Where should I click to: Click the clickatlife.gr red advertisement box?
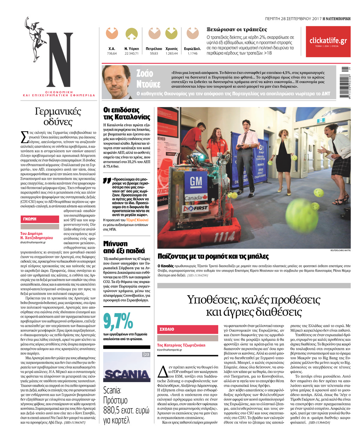[328, 42]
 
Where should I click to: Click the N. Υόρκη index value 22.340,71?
[131, 54]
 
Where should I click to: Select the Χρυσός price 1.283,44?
[171, 54]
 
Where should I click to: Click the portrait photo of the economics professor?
[116, 82]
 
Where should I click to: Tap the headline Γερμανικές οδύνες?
[58, 117]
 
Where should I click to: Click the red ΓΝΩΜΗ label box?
[40, 219]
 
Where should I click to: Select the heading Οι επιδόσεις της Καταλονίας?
[127, 114]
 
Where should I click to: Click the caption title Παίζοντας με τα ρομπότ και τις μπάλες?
[213, 256]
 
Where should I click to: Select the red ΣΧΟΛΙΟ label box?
[187, 329]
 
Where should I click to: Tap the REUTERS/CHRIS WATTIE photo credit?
[340, 250]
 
